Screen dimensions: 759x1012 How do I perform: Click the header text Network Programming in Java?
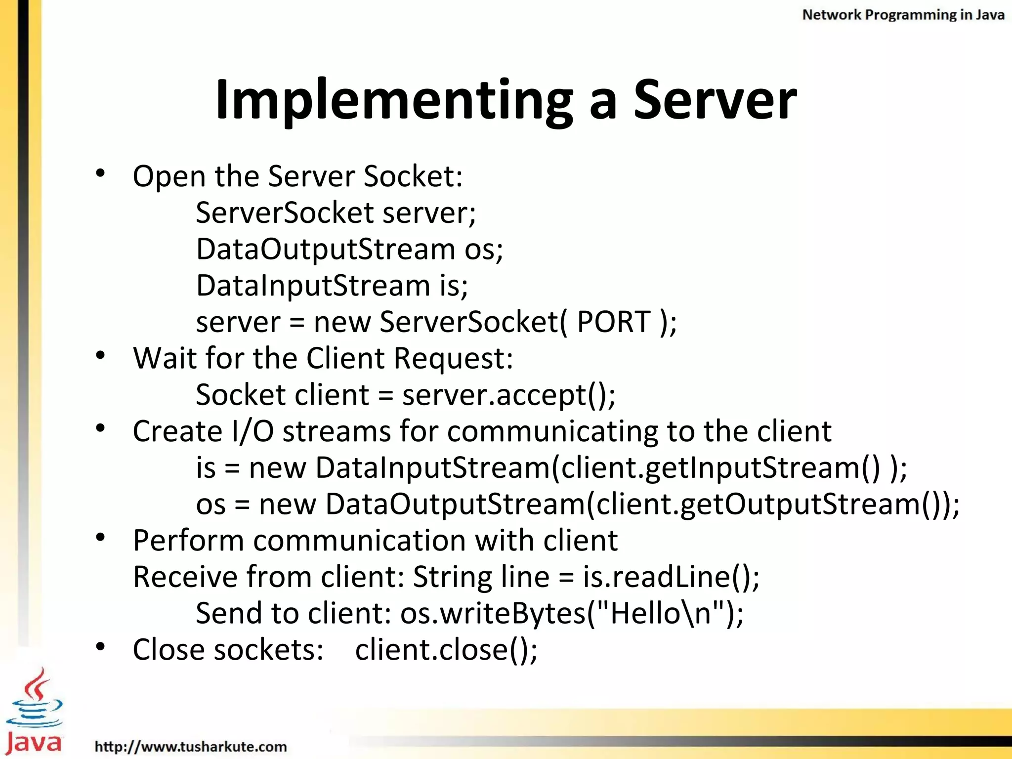903,15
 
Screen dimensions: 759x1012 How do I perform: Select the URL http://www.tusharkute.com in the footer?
191,746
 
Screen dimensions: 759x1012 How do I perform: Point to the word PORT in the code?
613,322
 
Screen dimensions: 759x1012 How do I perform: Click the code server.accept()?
509,395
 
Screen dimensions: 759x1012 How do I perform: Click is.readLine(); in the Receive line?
671,577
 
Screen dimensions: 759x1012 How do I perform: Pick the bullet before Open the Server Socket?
101,173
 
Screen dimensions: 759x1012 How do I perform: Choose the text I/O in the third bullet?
253,431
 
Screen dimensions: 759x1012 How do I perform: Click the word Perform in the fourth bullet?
188,541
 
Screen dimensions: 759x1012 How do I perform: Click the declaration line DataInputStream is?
332,286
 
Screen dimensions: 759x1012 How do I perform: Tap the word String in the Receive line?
452,577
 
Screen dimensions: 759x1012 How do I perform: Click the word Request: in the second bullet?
453,358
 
